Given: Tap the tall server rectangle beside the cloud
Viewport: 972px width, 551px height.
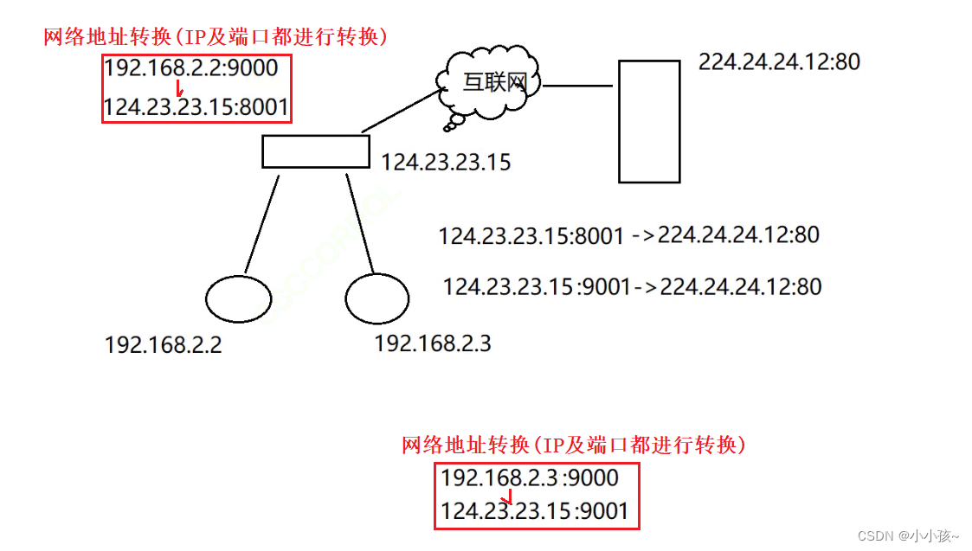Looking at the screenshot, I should click(649, 121).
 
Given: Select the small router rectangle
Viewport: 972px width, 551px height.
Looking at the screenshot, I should click(316, 151).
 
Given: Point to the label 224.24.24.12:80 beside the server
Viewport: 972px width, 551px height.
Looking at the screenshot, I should click(779, 62).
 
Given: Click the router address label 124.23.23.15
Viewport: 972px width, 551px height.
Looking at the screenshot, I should click(446, 162).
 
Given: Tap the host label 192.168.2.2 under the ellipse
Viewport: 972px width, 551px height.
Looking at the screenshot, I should click(163, 345).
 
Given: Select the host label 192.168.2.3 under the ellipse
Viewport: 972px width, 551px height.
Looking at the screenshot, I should click(432, 343).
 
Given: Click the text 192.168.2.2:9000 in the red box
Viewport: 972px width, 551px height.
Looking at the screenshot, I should click(191, 67).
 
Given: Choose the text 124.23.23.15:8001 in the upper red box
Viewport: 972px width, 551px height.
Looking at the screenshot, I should click(196, 107).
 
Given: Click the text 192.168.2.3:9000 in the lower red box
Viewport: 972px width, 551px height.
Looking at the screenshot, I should click(530, 477).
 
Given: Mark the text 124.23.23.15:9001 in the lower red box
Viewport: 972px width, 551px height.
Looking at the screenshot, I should click(534, 511).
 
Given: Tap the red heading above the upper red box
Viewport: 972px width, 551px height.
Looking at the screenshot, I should click(216, 37).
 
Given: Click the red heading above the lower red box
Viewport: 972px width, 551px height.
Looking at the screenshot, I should click(573, 445).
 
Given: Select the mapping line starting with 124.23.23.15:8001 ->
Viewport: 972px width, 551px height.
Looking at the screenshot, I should click(628, 235).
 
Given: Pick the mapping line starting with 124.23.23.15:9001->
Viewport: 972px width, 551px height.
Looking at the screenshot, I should click(632, 286).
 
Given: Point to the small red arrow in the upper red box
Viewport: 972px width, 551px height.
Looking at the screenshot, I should click(179, 88).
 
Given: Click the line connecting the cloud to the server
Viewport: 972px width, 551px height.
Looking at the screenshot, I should click(577, 86).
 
